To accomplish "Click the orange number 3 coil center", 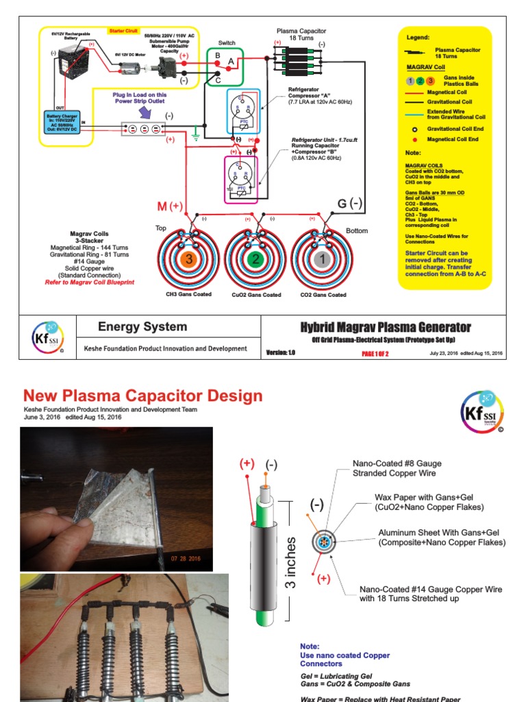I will pos(190,260).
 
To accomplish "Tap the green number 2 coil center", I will pos(255,260).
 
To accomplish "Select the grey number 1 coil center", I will pos(322,260).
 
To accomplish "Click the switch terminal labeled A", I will pos(231,61).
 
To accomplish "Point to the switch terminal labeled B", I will pos(218,54).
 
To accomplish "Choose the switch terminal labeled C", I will pos(218,80).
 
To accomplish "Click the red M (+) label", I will pos(170,206).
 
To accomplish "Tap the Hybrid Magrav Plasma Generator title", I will pos(386,327).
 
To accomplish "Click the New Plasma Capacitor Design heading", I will pos(142,396).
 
